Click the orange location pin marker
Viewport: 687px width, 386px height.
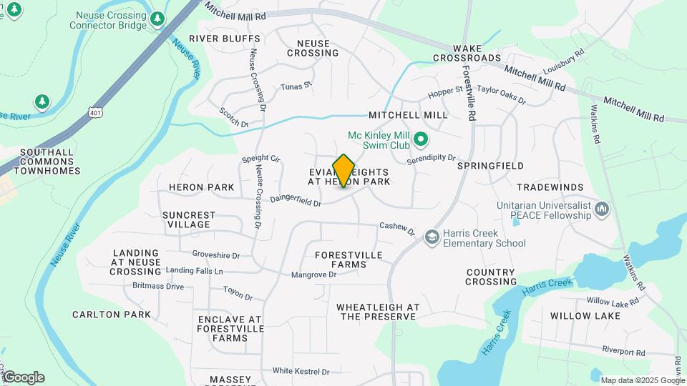(343, 171)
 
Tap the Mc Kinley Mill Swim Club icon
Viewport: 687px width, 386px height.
(421, 139)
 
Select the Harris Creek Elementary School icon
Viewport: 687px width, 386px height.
(432, 237)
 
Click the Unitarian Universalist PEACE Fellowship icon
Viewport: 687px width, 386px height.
(602, 209)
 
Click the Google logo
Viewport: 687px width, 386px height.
(23, 377)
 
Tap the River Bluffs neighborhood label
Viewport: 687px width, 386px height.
(215, 39)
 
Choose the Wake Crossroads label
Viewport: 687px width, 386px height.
(467, 58)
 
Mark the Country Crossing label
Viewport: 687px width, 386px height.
(491, 277)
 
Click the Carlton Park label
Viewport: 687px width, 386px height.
(112, 315)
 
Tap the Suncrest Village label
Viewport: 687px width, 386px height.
(189, 219)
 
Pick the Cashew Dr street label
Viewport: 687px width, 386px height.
(397, 228)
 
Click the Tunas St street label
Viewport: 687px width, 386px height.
(296, 86)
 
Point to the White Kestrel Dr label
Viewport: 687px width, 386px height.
(301, 372)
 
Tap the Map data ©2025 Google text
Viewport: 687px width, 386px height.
(643, 380)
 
